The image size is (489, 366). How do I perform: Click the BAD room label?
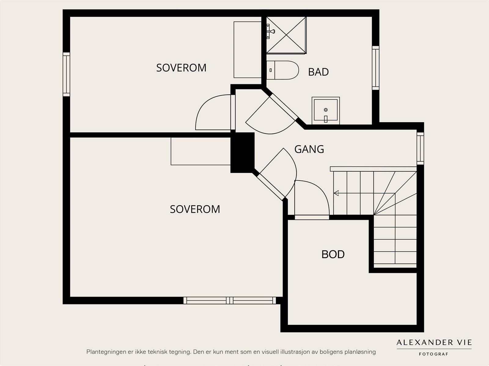(x=318, y=72)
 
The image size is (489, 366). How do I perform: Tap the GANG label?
(x=309, y=149)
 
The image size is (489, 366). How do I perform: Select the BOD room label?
(x=333, y=254)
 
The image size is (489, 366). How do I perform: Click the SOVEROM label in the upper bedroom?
(x=181, y=68)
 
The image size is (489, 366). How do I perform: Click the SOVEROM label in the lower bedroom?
(x=195, y=209)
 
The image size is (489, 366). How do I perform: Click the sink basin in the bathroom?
(x=325, y=111)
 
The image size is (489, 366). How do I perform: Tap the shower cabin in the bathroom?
(x=286, y=35)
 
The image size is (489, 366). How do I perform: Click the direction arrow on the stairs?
(x=336, y=193)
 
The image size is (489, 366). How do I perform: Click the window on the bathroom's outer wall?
(x=375, y=68)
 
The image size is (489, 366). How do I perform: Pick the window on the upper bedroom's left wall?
(x=66, y=74)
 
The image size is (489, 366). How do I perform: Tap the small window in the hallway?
(x=420, y=148)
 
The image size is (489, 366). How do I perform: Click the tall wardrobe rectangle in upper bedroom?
(x=247, y=49)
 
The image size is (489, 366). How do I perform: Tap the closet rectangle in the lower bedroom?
(x=200, y=151)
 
